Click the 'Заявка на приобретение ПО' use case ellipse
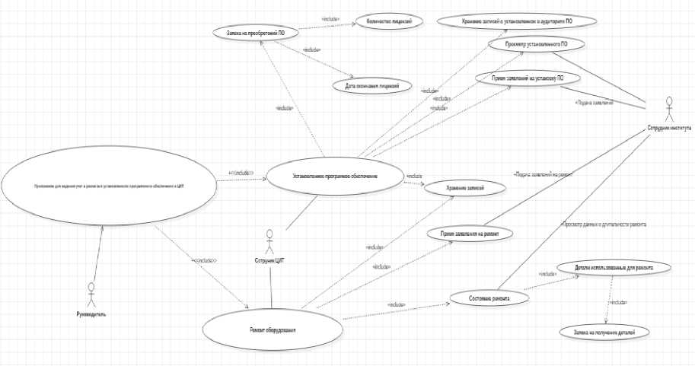(255, 33)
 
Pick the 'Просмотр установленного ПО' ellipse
(535, 45)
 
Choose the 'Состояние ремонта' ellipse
(489, 298)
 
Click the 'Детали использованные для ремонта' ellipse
(614, 268)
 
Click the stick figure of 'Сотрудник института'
(669, 108)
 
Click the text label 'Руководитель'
(92, 313)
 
